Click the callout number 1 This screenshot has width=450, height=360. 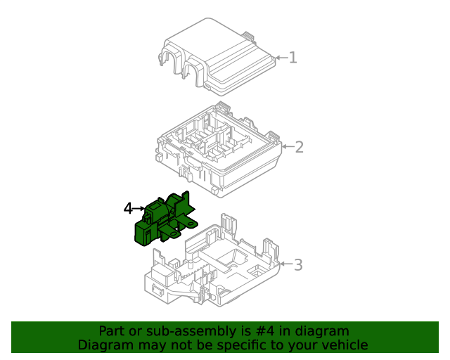(x=292, y=58)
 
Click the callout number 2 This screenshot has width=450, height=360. (x=299, y=147)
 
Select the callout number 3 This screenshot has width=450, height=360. (x=298, y=265)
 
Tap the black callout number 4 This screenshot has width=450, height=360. (x=128, y=208)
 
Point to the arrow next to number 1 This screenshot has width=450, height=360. (x=281, y=58)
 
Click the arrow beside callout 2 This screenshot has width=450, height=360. (x=287, y=147)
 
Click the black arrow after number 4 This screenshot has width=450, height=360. (x=139, y=208)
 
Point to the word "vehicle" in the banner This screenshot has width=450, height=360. (x=342, y=345)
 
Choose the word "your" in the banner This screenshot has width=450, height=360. (x=300, y=345)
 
